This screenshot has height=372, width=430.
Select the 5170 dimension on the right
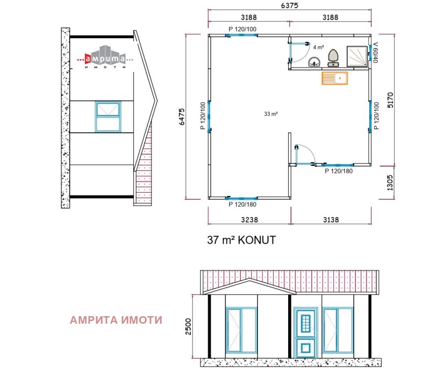click(x=391, y=100)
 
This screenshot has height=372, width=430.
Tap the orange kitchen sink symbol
click(x=334, y=78)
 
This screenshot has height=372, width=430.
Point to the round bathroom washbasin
click(x=313, y=63)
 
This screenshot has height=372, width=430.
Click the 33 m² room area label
click(x=270, y=114)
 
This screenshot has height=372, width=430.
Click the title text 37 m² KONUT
click(x=241, y=240)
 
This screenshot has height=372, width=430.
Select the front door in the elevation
click(x=305, y=331)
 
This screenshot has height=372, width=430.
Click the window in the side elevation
click(x=109, y=116)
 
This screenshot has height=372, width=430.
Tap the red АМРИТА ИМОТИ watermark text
click(x=116, y=320)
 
